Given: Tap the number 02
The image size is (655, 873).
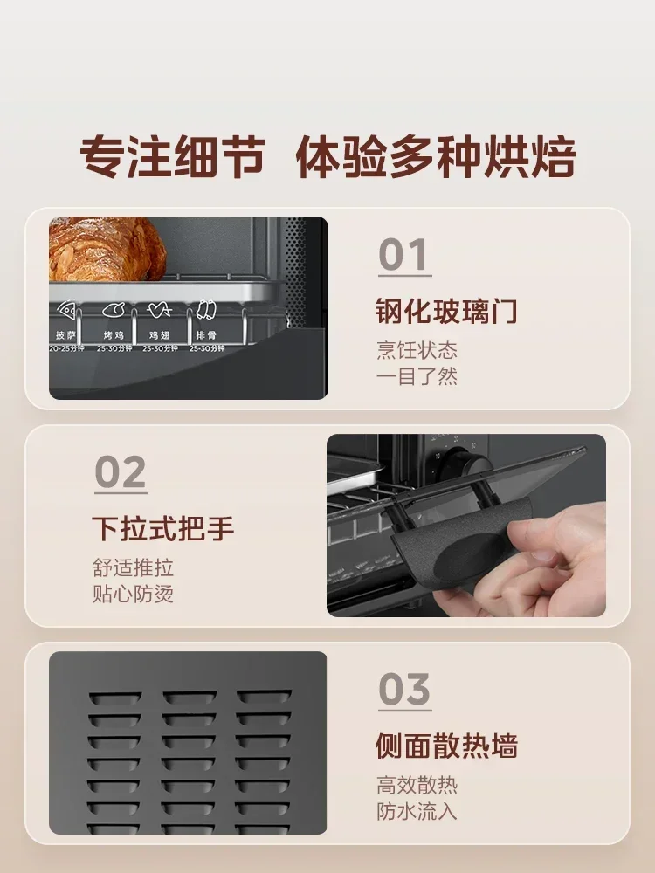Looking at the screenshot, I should coord(121,474).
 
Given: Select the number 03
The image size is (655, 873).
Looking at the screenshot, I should coord(404,691).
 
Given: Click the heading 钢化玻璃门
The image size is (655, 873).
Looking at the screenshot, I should coord(446,311).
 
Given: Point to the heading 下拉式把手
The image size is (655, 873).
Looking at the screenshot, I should coord(163,529).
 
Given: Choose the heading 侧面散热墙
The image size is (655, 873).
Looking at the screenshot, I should coord(446,746).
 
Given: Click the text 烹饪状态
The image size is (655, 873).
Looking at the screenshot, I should coord(417,351).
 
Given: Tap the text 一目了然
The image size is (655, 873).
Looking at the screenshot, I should coord(417,377).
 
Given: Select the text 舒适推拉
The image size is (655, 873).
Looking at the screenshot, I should coord(133,568).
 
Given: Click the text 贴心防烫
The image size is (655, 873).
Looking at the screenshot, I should coord(133,595).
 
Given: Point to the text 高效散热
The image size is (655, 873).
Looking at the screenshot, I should coord(417,785).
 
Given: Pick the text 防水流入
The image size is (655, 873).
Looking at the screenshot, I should coord(417,811).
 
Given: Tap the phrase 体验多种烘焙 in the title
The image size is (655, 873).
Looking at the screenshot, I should coord(436,158).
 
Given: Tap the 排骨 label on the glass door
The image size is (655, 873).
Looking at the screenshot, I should coord(205,334).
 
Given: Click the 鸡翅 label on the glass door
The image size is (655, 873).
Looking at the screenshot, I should coord(158,334).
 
